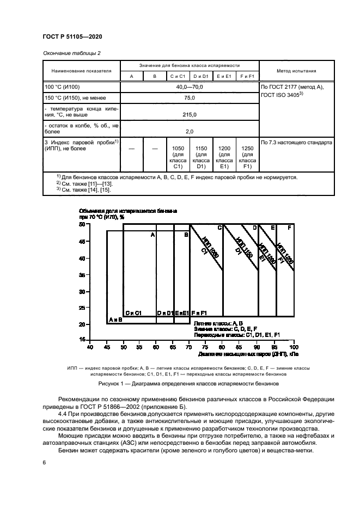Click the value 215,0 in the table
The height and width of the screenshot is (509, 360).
tap(190, 115)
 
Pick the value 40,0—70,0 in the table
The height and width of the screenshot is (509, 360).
tap(190, 87)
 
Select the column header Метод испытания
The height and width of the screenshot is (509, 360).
tap(296, 71)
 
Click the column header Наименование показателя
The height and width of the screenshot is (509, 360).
tap(81, 71)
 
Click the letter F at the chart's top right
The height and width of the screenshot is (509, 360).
tap(289, 227)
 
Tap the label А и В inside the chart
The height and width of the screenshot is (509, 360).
tap(115, 320)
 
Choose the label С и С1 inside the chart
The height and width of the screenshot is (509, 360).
tap(133, 313)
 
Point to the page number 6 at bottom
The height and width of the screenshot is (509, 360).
tap(44, 462)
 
